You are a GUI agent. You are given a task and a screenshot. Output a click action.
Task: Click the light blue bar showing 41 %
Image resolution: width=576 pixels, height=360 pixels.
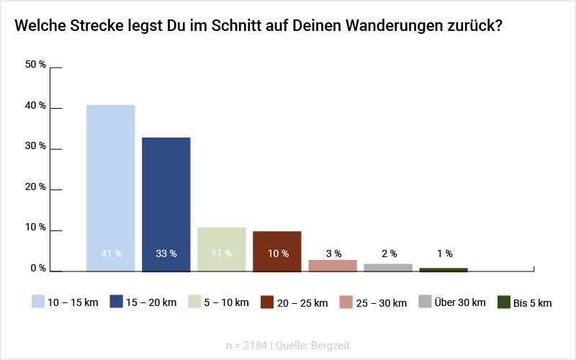(x=110, y=188)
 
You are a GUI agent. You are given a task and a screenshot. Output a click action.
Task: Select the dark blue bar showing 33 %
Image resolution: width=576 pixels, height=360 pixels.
(x=166, y=204)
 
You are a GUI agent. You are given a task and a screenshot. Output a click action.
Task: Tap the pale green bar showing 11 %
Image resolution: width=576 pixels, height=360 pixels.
(x=222, y=249)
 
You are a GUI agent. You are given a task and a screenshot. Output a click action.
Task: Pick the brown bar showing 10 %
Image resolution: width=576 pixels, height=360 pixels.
(x=277, y=251)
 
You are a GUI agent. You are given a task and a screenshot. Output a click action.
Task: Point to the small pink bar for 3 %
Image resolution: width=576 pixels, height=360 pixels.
(x=333, y=266)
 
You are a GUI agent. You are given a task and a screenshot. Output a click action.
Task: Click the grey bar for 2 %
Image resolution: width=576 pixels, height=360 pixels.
(x=388, y=268)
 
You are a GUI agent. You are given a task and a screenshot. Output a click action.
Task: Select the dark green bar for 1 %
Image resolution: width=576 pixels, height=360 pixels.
(x=444, y=270)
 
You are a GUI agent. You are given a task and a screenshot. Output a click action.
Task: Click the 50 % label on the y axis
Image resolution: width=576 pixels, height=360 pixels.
(x=36, y=65)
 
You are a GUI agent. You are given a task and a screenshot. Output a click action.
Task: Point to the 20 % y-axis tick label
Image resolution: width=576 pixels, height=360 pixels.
(x=36, y=187)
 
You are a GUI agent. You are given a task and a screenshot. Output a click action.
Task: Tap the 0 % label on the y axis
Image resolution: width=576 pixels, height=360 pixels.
(x=38, y=269)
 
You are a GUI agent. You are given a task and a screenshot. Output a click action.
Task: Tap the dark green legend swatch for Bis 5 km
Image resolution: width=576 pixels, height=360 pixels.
(x=504, y=302)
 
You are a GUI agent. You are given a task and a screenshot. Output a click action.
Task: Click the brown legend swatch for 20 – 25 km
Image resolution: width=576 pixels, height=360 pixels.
(x=267, y=302)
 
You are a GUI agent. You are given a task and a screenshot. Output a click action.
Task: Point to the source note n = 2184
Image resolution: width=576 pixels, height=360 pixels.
(x=246, y=346)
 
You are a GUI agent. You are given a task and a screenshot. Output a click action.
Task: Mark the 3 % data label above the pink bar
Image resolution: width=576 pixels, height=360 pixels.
(x=333, y=253)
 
